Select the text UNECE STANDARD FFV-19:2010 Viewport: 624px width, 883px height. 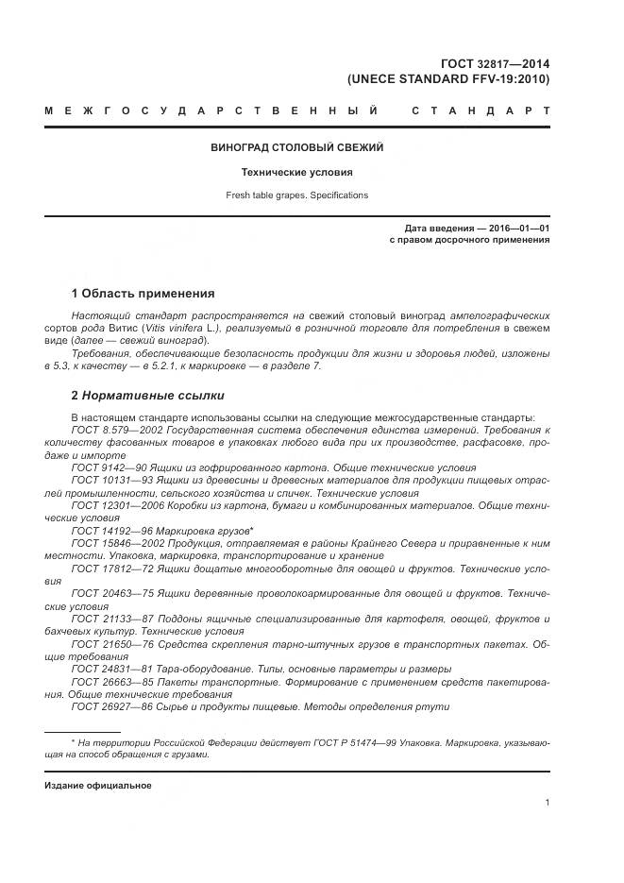[448, 79]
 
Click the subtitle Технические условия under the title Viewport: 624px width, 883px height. [296, 173]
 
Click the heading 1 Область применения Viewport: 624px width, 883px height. [143, 293]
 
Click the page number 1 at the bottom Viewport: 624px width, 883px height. [548, 803]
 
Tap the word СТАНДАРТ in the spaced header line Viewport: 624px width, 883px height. [481, 111]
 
